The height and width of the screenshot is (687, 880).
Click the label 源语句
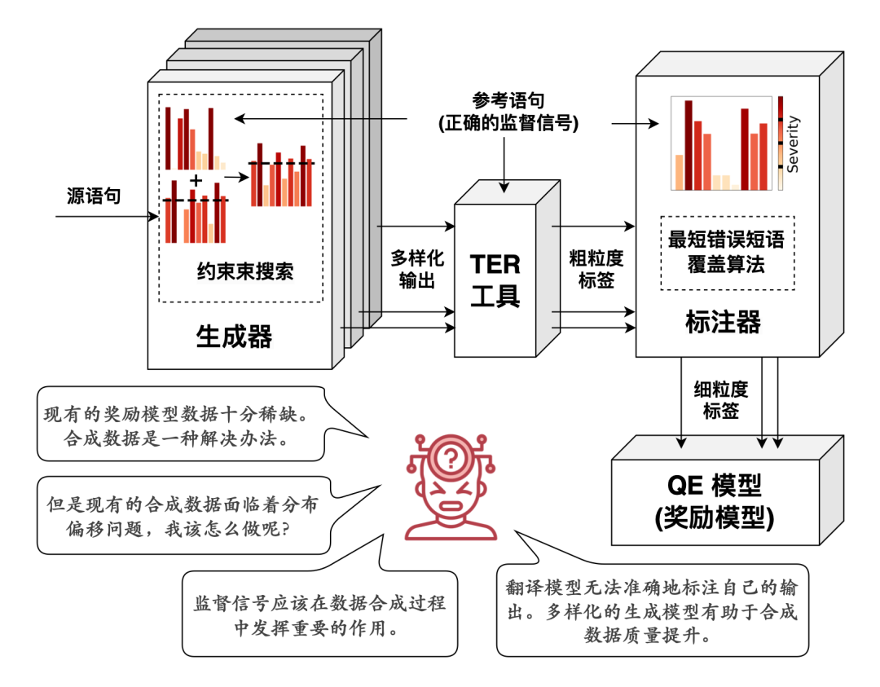[94, 196]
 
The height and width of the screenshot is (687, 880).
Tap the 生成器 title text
[234, 337]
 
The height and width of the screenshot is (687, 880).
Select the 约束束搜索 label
[245, 271]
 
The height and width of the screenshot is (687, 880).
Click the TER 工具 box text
[495, 280]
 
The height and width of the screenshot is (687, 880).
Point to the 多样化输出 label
[417, 269]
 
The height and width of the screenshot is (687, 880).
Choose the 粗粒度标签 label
[596, 269]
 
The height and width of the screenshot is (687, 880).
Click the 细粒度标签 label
[721, 399]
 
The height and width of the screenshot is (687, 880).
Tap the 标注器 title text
[723, 322]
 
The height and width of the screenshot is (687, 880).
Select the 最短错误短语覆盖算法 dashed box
[728, 253]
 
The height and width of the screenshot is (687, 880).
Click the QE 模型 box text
[715, 501]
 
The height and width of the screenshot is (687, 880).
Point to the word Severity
[793, 143]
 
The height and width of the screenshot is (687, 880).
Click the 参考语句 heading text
[508, 100]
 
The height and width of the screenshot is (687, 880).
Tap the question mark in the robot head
[450, 459]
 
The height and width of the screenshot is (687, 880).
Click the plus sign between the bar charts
[196, 180]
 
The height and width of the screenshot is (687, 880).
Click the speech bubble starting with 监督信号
[320, 614]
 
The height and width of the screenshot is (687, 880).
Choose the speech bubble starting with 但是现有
[184, 515]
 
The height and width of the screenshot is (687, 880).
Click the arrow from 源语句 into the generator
[107, 216]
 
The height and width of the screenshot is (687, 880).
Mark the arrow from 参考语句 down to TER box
[504, 165]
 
